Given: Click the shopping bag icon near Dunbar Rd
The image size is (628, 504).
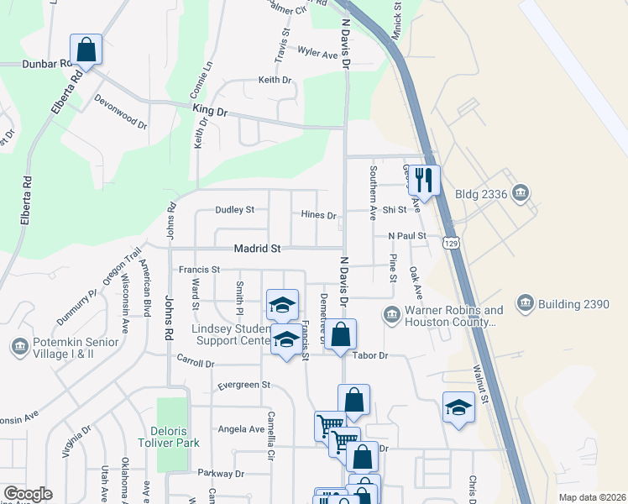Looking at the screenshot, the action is coord(86,50).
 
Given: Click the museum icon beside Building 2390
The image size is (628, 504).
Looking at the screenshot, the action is coord(526,303).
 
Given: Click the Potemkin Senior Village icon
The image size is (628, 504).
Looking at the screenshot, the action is coord(19,346).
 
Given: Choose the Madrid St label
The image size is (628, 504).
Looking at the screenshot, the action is coord(234,249).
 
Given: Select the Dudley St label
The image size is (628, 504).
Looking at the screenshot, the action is coord(234,209).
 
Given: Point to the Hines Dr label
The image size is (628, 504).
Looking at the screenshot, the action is coord(318,215).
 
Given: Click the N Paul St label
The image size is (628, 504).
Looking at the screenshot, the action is coord(407,236).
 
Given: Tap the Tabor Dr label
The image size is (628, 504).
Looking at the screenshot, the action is coord(370,355).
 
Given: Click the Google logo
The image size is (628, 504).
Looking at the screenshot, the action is coord(28,494).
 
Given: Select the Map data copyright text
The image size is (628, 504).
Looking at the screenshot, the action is coord(591,497).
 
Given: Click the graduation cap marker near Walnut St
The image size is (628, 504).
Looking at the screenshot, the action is coord(458,407).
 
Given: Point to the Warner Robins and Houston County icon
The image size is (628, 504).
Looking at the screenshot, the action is coord(391,316).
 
